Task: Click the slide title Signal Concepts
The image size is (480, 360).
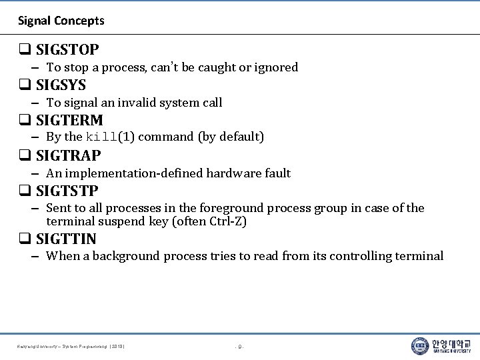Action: pyautogui.click(x=61, y=21)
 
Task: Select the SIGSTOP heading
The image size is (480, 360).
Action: pyautogui.click(x=67, y=49)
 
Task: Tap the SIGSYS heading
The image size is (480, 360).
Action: pyautogui.click(x=61, y=85)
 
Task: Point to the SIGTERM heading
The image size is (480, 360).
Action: pyautogui.click(x=69, y=121)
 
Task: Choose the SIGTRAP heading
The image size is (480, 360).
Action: pyautogui.click(x=69, y=156)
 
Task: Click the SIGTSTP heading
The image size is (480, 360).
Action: pyautogui.click(x=67, y=191)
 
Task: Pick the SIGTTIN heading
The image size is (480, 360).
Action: pyautogui.click(x=66, y=239)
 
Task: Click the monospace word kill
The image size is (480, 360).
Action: pyautogui.click(x=101, y=137)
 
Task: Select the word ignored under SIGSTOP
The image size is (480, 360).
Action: pyautogui.click(x=277, y=67)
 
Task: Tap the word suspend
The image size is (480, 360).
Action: pyautogui.click(x=121, y=221)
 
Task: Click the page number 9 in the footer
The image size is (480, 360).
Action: pyautogui.click(x=240, y=347)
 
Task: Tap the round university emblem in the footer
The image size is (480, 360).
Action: pyautogui.click(x=420, y=345)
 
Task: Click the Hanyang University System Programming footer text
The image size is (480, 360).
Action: pyautogui.click(x=72, y=347)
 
